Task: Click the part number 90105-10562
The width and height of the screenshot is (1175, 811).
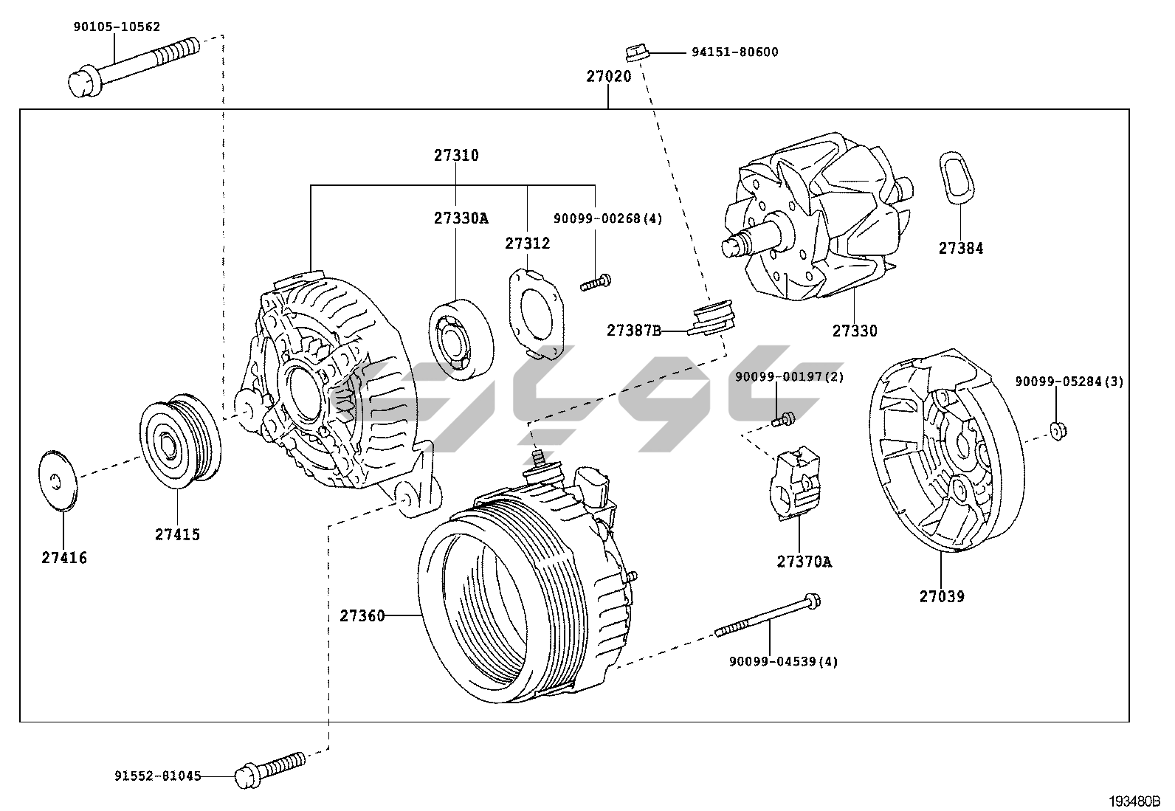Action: pos(117,27)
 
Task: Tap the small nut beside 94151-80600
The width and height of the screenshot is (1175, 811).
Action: pos(635,52)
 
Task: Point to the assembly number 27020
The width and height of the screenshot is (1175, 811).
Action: pos(609,76)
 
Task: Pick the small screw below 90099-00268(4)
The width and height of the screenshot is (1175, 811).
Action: pos(596,282)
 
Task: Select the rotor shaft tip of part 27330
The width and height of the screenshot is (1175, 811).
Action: pos(732,247)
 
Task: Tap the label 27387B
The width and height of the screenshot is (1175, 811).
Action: pos(633,330)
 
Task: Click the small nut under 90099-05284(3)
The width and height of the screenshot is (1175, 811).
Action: pos(1057,430)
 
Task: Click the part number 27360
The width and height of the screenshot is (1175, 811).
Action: pos(362,615)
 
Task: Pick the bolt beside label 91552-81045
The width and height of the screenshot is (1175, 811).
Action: pos(269,767)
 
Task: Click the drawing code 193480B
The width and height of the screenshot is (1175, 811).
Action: pos(1133,801)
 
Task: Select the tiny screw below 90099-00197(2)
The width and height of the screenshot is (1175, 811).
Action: pos(782,420)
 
